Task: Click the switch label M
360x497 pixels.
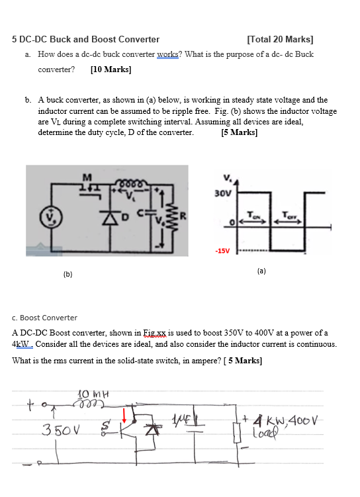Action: coord(85,175)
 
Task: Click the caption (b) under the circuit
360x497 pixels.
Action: coord(67,273)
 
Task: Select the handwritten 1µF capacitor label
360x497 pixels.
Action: coord(179,418)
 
